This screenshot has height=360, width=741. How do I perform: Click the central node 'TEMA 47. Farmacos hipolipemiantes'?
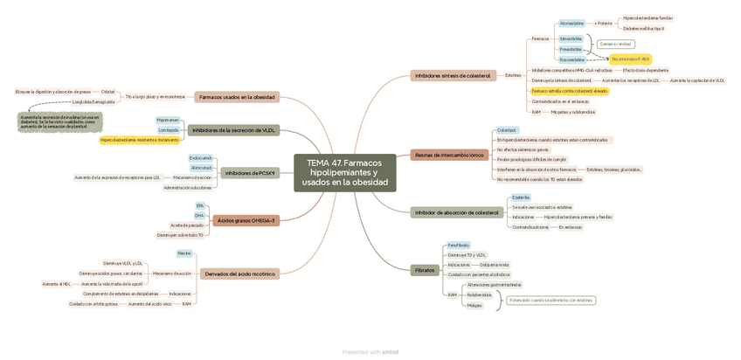click(x=344, y=173)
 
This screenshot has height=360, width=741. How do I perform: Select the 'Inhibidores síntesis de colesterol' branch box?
click(x=453, y=76)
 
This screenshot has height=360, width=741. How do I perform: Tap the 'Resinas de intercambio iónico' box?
click(x=449, y=155)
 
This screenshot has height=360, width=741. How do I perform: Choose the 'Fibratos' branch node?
click(x=425, y=270)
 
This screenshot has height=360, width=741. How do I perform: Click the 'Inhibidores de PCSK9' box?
click(x=250, y=173)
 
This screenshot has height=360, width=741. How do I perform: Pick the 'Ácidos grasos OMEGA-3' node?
click(x=246, y=220)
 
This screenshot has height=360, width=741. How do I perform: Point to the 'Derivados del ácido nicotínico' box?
click(x=239, y=273)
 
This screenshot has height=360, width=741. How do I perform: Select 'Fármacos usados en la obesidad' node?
click(x=236, y=97)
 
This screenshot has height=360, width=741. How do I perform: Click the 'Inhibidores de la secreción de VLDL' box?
click(x=233, y=130)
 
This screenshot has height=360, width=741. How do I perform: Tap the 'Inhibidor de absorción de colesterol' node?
click(x=457, y=212)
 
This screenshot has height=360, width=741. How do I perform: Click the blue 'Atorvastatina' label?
click(x=571, y=24)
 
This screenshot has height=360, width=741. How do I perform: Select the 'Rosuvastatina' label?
click(x=571, y=59)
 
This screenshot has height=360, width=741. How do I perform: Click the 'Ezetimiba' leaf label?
click(x=521, y=197)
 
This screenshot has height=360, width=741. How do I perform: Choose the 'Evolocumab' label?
click(x=201, y=158)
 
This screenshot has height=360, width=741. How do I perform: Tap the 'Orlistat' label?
click(x=107, y=92)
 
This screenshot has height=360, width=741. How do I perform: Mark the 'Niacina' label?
click(x=184, y=253)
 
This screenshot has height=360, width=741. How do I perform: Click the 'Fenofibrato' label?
click(x=458, y=246)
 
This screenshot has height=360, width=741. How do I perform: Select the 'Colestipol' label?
click(x=507, y=130)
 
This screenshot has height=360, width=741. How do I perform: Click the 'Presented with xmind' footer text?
click(x=370, y=352)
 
